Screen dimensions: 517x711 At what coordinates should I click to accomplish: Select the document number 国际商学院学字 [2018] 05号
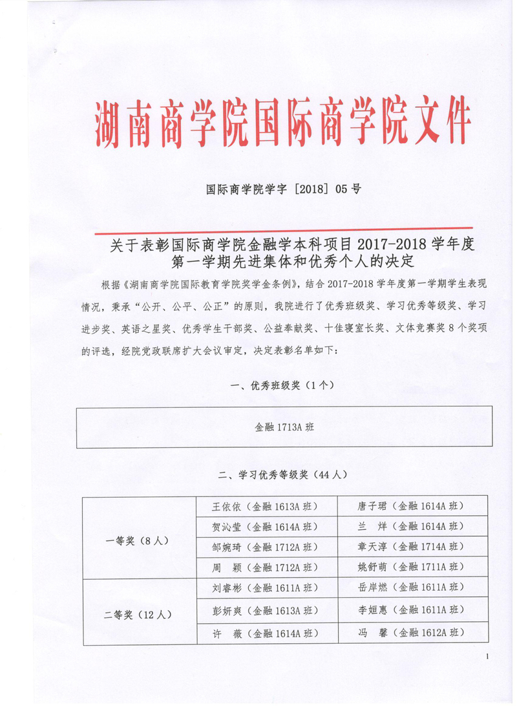[x=283, y=190]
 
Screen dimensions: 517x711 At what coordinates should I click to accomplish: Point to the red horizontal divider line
[x=283, y=228]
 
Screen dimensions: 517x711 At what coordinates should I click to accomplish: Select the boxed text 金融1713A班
[x=284, y=427]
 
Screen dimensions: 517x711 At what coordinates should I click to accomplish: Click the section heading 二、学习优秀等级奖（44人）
[x=283, y=474]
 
